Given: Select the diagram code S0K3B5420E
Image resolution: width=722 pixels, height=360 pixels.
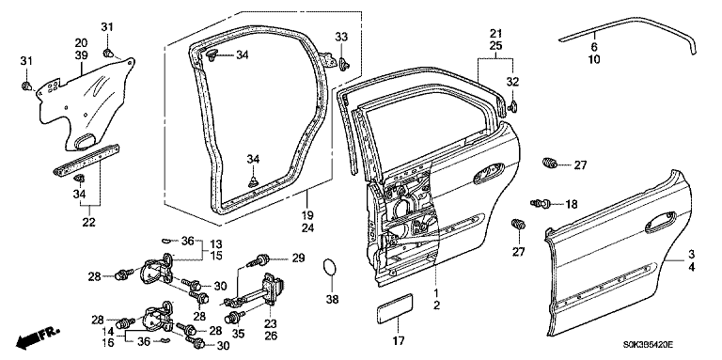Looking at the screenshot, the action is coord(650,344).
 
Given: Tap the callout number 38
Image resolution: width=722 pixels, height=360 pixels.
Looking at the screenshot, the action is coord(332,300).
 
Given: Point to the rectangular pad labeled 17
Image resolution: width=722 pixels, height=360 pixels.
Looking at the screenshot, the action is coord(395,309).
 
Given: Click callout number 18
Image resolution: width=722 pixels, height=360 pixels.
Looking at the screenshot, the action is coord(571,204).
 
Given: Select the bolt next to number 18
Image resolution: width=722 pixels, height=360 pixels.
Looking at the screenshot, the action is coord(541,202).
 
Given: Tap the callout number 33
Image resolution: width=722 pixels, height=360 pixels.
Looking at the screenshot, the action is coord(341,37).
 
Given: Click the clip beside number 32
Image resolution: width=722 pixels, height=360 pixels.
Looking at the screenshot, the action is coord(512,107).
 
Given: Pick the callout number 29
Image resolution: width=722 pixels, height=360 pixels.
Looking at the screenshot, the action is coord(298,258).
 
